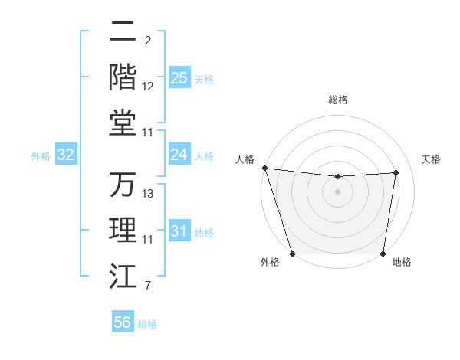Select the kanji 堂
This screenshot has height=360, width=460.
pyautogui.click(x=123, y=123)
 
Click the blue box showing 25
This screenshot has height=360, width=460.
pyautogui.click(x=179, y=78)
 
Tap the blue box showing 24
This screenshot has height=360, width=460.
pyautogui.click(x=179, y=155)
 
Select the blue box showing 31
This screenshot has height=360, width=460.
pyautogui.click(x=179, y=232)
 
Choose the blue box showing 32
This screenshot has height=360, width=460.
pyautogui.click(x=66, y=155)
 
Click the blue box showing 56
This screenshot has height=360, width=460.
pyautogui.click(x=123, y=323)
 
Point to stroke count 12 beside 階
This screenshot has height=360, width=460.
pyautogui.click(x=148, y=87)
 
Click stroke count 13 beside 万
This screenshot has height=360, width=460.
pyautogui.click(x=148, y=194)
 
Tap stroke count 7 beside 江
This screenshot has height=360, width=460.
pyautogui.click(x=147, y=287)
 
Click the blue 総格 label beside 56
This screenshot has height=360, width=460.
pyautogui.click(x=147, y=324)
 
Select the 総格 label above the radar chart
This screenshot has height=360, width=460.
pyautogui.click(x=337, y=100)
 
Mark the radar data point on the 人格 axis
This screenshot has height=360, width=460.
pyautogui.click(x=264, y=168)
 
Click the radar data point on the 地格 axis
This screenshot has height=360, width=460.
pyautogui.click(x=383, y=254)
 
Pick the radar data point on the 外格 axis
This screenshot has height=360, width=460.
pyautogui.click(x=292, y=254)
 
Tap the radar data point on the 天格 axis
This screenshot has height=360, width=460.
pyautogui.click(x=396, y=172)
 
